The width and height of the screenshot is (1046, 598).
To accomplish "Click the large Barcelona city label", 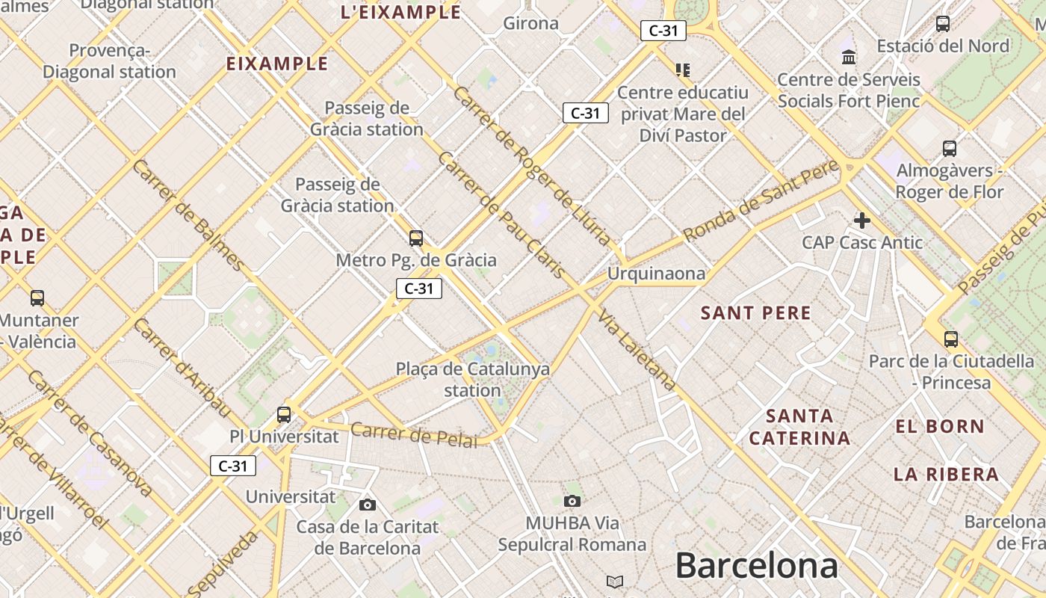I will tap(756, 566).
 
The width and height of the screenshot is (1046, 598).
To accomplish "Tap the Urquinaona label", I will tap(656, 274).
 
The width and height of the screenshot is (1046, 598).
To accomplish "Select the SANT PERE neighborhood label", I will tap(755, 313).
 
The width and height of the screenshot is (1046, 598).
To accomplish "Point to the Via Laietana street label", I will tap(637, 349).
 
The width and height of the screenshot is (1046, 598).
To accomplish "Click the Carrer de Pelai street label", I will tap(413, 435).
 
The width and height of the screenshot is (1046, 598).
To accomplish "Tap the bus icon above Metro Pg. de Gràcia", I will tap(416, 238).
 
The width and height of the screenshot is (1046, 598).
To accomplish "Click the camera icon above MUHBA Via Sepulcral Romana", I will tap(572, 501).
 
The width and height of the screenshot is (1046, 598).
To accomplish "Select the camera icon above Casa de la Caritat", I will tap(367, 505).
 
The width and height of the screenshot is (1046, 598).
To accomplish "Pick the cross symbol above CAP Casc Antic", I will tap(862, 220).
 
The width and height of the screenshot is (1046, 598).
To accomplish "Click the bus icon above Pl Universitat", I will tap(284, 414).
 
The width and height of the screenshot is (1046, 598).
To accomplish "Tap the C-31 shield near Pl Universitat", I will tap(233, 466).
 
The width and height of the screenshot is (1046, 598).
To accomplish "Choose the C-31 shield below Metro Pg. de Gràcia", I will tap(419, 289).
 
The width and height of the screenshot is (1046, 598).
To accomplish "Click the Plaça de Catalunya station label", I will tap(472, 379).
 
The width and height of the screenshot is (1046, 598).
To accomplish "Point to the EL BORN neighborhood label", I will tap(940, 427).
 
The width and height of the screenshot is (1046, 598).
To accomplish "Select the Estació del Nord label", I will tap(943, 46).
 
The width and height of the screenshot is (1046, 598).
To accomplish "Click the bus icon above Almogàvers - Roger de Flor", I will tap(950, 148).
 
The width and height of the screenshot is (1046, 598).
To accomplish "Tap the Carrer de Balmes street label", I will tap(188, 215).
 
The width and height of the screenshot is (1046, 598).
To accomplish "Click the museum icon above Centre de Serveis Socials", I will tap(849, 58).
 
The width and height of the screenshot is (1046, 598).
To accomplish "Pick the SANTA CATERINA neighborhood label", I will tap(799, 427).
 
